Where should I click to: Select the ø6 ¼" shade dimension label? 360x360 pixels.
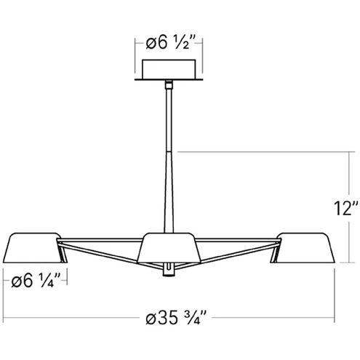pos(36,279)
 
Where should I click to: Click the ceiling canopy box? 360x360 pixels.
pos(171,70)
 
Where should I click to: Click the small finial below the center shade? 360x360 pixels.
pos(169,271)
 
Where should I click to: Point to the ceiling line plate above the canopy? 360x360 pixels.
pos(171,80)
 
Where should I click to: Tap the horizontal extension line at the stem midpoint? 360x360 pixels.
pos(255,152)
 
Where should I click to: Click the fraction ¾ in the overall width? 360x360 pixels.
pos(193,317)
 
